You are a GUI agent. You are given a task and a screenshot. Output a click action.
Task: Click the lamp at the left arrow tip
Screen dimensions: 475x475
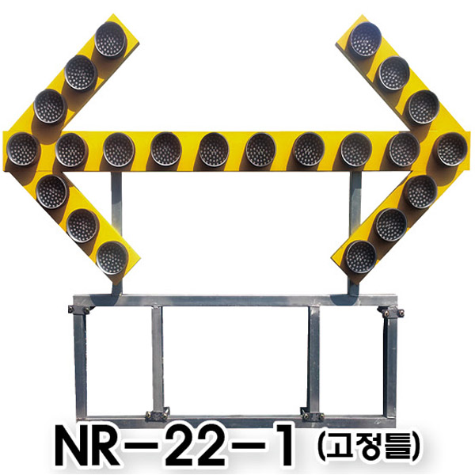(x=23, y=149)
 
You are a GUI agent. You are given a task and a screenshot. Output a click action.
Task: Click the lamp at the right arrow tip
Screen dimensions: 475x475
(x=452, y=149)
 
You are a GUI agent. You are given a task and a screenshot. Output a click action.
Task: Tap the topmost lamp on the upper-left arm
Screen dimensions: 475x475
(x=110, y=39)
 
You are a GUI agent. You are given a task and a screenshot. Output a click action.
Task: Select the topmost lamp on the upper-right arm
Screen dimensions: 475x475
(x=366, y=39)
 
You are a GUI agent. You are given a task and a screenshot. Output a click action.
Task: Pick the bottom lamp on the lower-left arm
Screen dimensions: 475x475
(x=112, y=258)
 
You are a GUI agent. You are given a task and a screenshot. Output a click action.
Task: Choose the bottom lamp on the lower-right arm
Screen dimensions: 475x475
(x=361, y=256)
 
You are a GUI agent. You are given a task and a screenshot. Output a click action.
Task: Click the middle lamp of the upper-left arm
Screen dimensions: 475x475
(x=81, y=72)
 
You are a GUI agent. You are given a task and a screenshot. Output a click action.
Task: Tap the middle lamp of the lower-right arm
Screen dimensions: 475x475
(x=391, y=225)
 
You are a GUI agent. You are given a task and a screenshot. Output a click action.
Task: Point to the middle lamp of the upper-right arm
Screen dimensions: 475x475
(x=393, y=73)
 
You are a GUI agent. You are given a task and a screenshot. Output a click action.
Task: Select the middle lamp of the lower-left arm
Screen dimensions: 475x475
(x=82, y=226)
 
